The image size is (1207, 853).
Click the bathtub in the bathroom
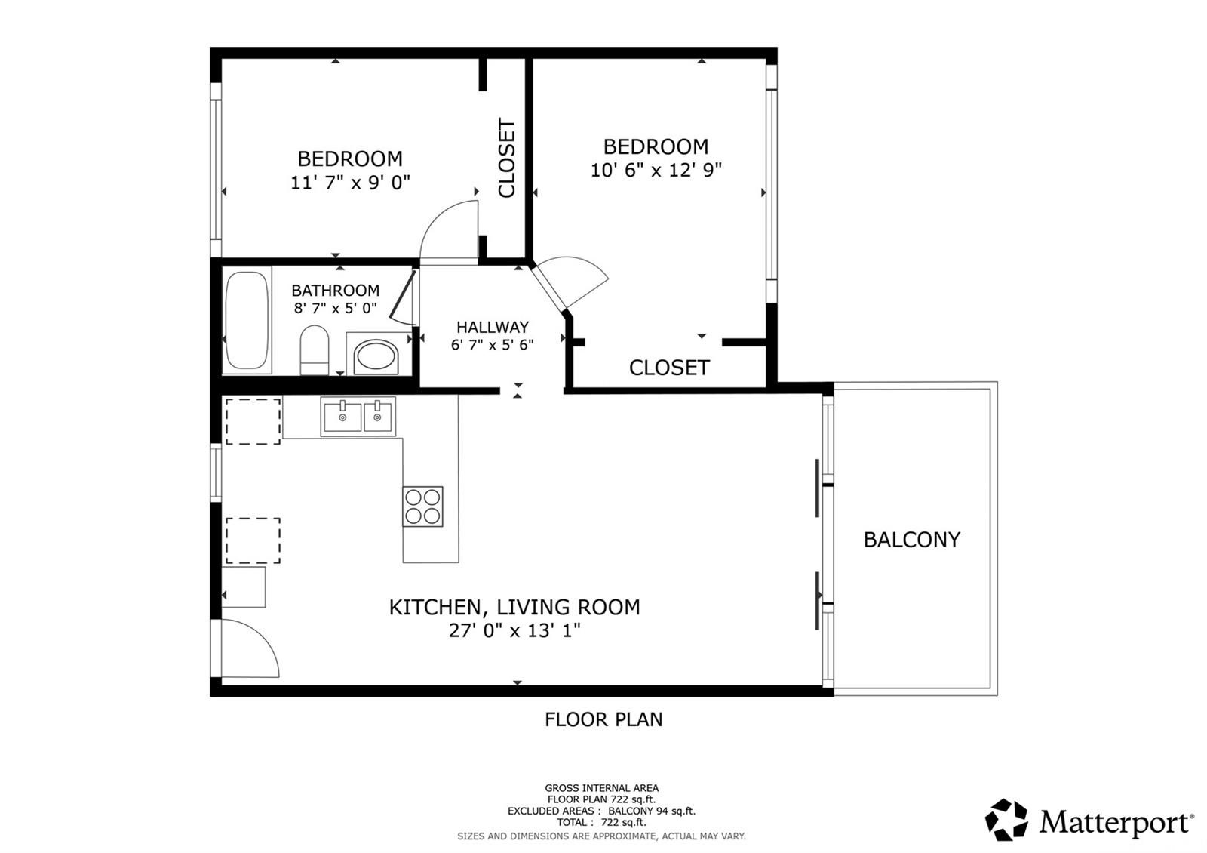pyautogui.click(x=247, y=320)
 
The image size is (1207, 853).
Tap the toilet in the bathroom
pyautogui.click(x=314, y=350)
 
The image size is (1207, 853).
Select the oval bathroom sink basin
pyautogui.click(x=376, y=356)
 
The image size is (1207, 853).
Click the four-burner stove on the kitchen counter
pyautogui.click(x=422, y=507)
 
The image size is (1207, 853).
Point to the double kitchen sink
pyautogui.click(x=358, y=417)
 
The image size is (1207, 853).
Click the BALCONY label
pyautogui.click(x=911, y=540)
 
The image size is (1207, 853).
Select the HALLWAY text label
pyautogui.click(x=493, y=328)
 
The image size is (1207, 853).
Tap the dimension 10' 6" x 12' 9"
pyautogui.click(x=656, y=170)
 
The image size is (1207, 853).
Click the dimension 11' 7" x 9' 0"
pyautogui.click(x=350, y=182)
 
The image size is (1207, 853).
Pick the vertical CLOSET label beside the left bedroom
pyautogui.click(x=507, y=158)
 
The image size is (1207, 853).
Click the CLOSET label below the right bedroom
pyautogui.click(x=669, y=368)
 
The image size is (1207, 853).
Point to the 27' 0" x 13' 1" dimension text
pyautogui.click(x=514, y=630)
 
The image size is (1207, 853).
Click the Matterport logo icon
pyautogui.click(x=1006, y=820)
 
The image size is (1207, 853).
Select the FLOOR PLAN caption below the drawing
pyautogui.click(x=603, y=719)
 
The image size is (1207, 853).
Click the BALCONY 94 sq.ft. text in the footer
pyautogui.click(x=651, y=811)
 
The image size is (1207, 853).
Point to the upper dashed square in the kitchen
pyautogui.click(x=253, y=421)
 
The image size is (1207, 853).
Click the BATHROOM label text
pyautogui.click(x=335, y=291)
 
